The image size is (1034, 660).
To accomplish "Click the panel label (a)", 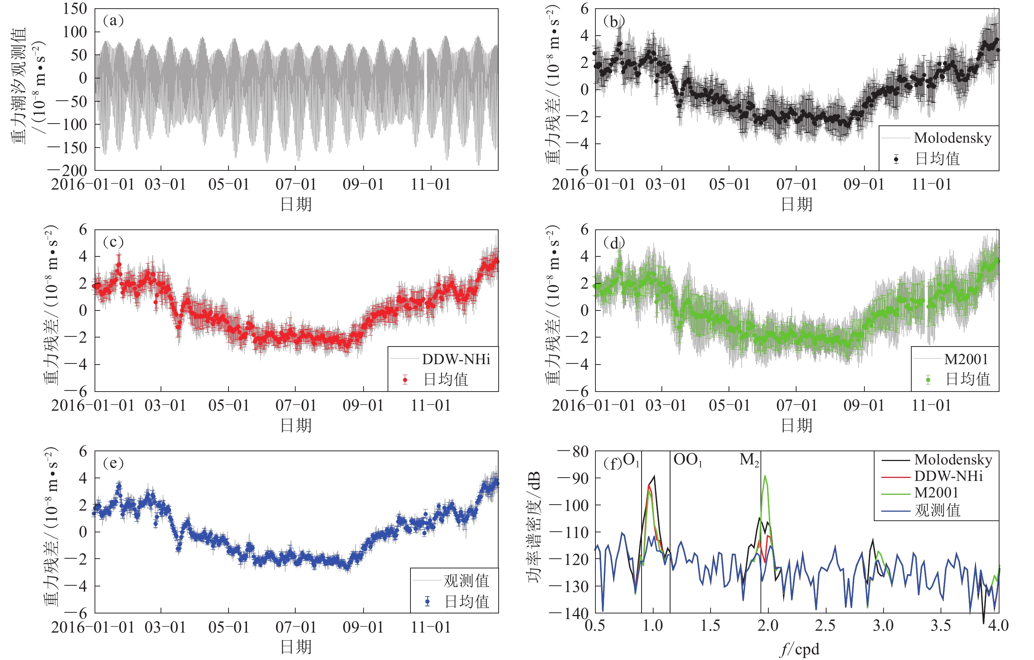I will click(x=113, y=21).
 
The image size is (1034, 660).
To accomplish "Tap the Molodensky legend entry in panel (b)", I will click(x=953, y=138).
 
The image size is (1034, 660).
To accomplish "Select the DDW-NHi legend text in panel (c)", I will click(x=456, y=359).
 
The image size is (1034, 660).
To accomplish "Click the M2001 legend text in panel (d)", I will click(x=966, y=359).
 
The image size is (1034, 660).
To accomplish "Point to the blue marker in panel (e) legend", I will click(x=427, y=601).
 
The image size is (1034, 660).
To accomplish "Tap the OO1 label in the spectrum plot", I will click(x=687, y=460).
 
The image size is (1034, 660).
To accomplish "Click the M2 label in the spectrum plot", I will click(x=749, y=460).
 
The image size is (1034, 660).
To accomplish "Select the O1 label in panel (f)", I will click(x=631, y=460).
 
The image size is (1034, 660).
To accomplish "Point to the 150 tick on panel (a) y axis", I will click(x=75, y=9).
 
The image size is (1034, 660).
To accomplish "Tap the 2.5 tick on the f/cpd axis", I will click(x=825, y=625).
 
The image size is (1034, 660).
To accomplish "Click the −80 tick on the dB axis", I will click(x=573, y=452).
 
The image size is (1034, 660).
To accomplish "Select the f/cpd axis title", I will click(x=799, y=649).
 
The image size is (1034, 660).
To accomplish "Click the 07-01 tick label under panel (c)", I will click(x=295, y=405).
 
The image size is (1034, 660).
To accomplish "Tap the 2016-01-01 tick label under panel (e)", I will click(x=93, y=627).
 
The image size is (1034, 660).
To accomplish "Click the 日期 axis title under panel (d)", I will click(x=797, y=425).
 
